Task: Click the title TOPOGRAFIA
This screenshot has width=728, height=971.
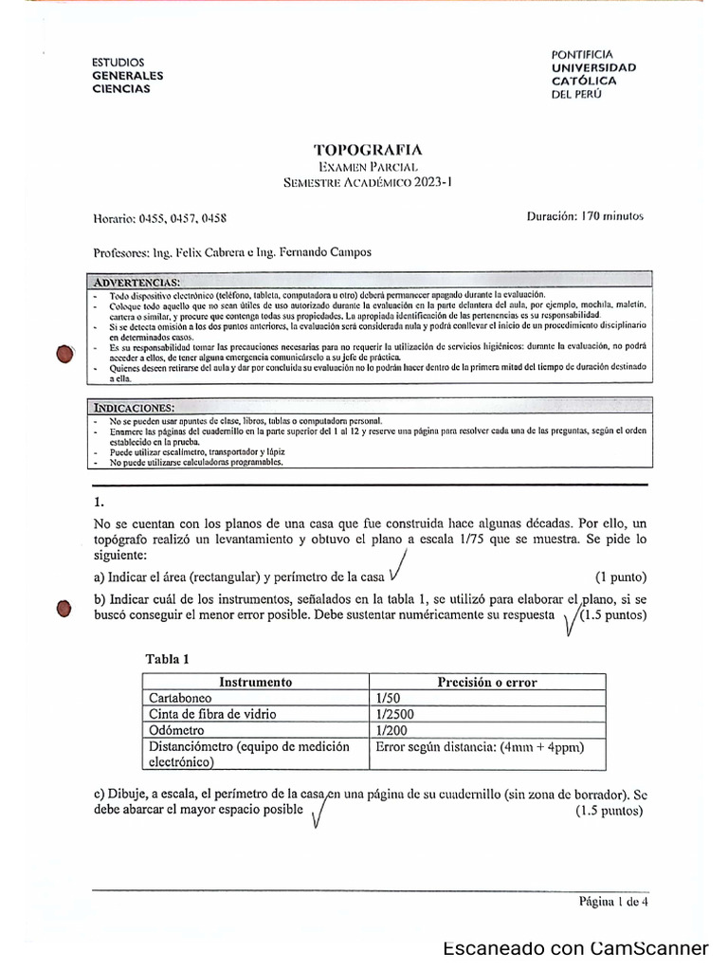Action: click(x=368, y=150)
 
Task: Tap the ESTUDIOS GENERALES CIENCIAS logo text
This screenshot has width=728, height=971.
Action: click(x=127, y=75)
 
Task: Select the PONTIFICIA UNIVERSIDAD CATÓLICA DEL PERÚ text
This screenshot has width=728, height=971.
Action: click(x=593, y=81)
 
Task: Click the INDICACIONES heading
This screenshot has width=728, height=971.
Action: click(x=134, y=408)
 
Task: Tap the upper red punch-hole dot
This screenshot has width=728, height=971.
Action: click(x=64, y=354)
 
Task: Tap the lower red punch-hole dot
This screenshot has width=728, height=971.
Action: click(x=64, y=609)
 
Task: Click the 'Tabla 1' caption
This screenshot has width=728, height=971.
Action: click(x=168, y=659)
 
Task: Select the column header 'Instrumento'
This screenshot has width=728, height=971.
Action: click(x=255, y=682)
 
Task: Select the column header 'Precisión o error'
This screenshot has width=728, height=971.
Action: click(x=486, y=682)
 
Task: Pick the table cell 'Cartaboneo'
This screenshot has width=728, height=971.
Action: click(x=180, y=698)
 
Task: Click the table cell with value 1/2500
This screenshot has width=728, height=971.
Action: click(x=395, y=714)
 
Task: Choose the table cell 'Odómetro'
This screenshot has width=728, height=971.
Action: click(x=176, y=730)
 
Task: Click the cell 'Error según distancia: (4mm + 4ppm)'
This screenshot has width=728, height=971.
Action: click(x=479, y=746)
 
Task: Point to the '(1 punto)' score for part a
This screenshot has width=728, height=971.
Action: click(x=621, y=577)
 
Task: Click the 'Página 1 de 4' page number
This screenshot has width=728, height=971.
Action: click(x=613, y=902)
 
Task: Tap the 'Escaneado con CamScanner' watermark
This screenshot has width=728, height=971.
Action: click(x=575, y=949)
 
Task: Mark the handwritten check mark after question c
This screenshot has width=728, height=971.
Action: click(x=319, y=811)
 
